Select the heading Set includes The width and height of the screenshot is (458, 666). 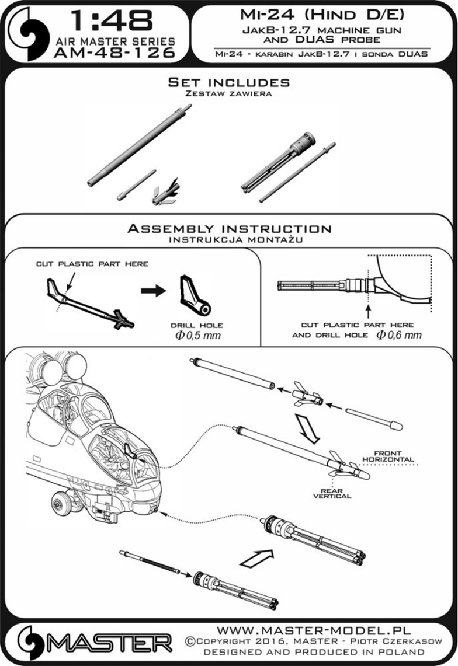tap(228, 83)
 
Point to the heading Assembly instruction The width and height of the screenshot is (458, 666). tap(229, 229)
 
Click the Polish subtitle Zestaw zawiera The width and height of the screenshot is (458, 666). tap(228, 93)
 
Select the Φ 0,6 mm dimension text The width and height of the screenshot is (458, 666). tap(399, 335)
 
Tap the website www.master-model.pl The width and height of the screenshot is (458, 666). tap(314, 632)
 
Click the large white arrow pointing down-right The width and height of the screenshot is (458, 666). tap(307, 430)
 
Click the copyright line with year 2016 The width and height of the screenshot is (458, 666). tap(313, 641)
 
